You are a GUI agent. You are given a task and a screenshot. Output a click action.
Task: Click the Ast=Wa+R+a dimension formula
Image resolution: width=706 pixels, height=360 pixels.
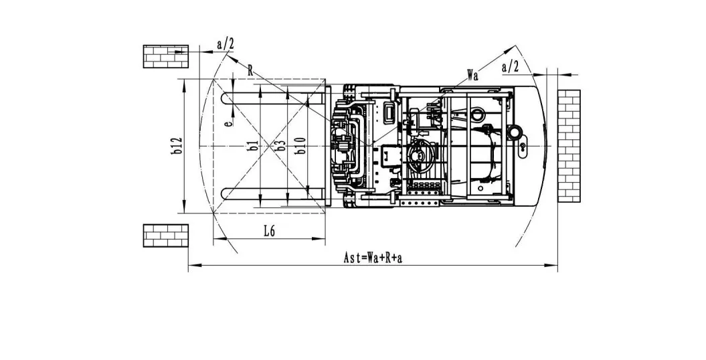(373, 258)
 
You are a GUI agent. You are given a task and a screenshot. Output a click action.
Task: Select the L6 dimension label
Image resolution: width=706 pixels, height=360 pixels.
(269, 232)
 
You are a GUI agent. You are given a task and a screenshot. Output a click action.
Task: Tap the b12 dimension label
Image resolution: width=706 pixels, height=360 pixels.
(177, 147)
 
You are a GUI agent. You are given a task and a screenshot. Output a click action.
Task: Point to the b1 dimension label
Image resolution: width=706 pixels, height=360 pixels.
(254, 145)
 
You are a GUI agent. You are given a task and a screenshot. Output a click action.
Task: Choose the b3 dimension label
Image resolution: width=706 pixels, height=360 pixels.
(281, 145)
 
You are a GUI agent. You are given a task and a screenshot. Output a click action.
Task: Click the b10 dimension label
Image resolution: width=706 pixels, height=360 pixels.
(300, 145)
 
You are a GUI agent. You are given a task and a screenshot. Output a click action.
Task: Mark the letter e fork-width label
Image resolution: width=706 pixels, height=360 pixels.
(229, 122)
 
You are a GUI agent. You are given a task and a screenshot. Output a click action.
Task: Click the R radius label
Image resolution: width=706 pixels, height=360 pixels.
(250, 70)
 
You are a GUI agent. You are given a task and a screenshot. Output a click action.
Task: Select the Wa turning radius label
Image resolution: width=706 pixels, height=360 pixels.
(472, 75)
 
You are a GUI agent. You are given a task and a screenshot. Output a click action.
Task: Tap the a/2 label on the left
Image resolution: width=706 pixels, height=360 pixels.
(226, 44)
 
